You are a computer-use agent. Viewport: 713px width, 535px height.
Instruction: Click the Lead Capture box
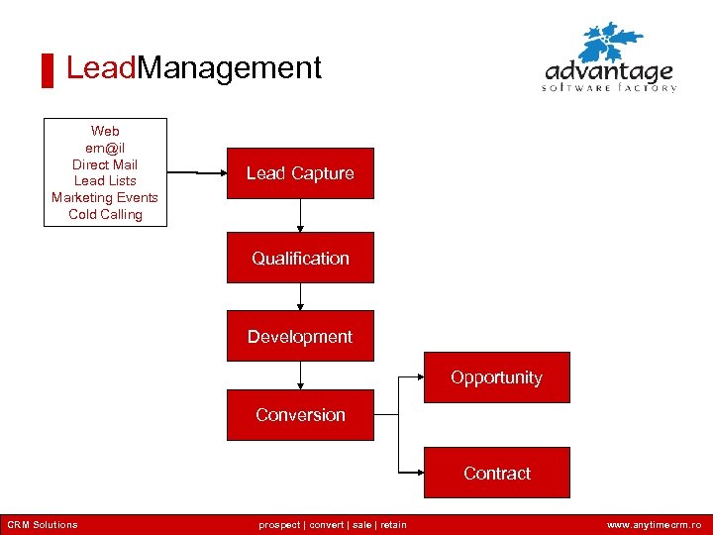tap(300, 173)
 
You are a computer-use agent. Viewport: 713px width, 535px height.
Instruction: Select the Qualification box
tap(300, 258)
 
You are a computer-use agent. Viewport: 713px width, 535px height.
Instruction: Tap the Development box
tap(300, 337)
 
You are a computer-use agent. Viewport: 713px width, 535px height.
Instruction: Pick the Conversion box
tap(300, 415)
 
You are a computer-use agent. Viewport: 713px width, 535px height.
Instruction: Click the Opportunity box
tap(497, 377)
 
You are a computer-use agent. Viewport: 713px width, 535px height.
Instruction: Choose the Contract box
tap(497, 473)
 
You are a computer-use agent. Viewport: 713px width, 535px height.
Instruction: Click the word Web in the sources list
tap(105, 131)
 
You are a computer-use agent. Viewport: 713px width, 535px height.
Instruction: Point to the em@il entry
tap(105, 148)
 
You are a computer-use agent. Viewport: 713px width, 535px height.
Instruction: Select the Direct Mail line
tap(105, 164)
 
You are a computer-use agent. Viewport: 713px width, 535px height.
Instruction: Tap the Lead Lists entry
tap(105, 181)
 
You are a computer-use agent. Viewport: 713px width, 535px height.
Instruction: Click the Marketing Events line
tap(105, 197)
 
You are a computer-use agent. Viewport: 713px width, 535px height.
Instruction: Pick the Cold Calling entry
tap(105, 214)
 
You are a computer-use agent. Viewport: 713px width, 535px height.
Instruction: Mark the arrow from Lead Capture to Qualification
tap(300, 215)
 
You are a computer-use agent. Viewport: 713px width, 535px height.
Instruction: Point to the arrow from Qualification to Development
tap(300, 296)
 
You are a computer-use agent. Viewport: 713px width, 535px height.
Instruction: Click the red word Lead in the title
tap(101, 67)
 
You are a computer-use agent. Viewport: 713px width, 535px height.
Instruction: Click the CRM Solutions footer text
tap(42, 525)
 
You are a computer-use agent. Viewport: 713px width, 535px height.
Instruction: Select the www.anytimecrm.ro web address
tap(654, 525)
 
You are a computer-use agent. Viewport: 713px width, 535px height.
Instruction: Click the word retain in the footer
tap(392, 525)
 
